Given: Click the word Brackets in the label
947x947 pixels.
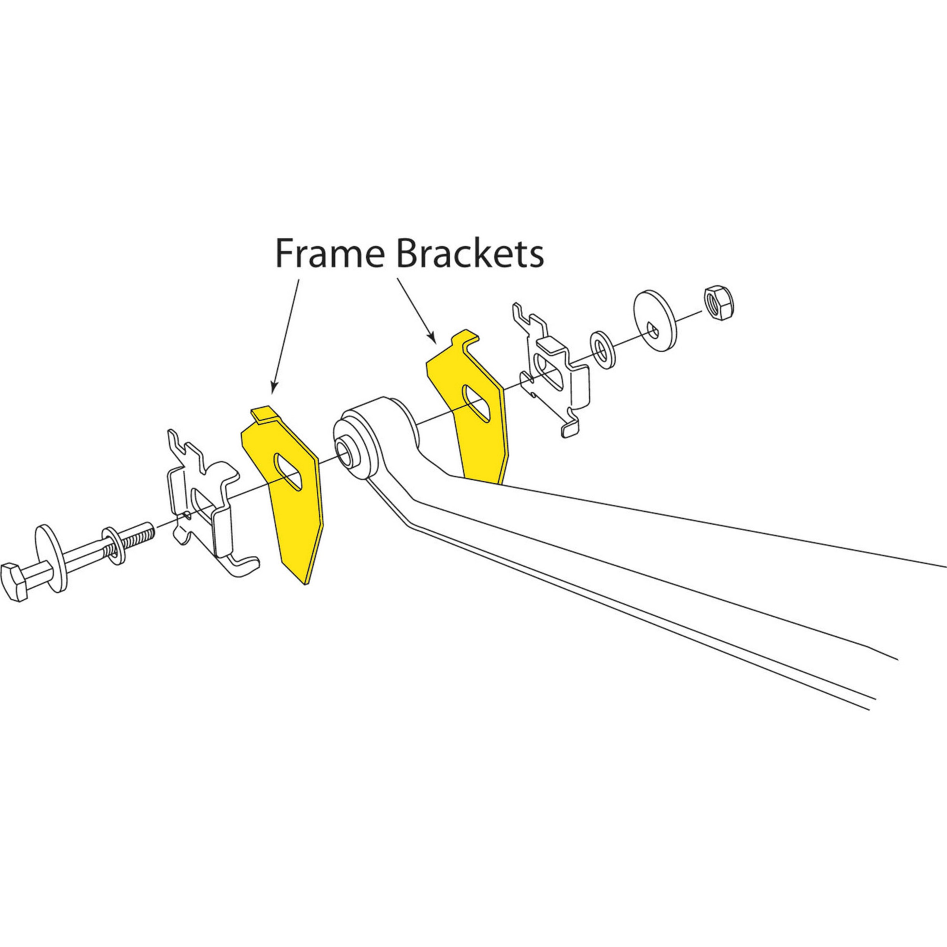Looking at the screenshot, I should (470, 254).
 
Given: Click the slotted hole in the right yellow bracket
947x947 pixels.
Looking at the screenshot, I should (476, 403).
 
